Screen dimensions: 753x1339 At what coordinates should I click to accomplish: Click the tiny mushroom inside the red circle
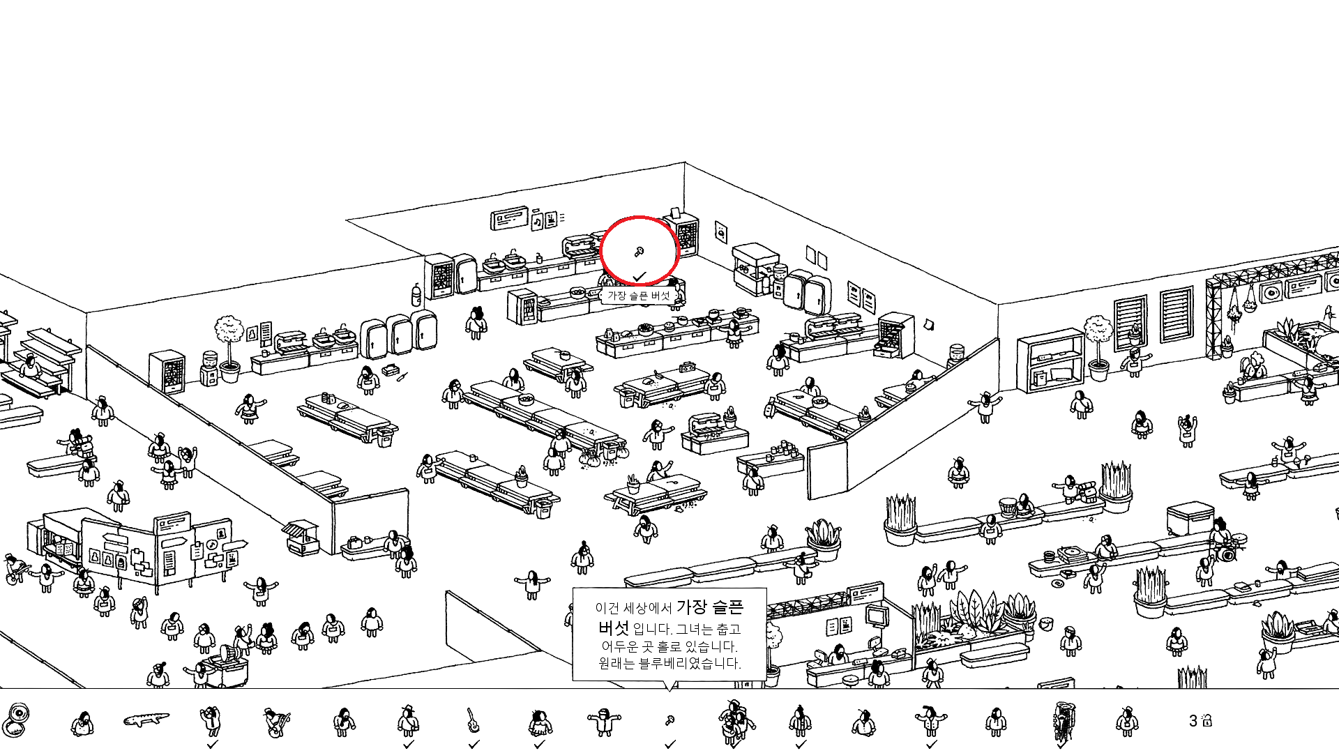(x=638, y=252)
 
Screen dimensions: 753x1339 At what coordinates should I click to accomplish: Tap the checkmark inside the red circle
(x=640, y=276)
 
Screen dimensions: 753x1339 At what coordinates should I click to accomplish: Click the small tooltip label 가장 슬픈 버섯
(x=638, y=296)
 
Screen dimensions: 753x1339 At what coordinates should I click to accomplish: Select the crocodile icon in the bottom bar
(x=146, y=719)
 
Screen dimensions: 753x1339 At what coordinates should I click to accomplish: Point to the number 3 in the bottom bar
(x=1193, y=721)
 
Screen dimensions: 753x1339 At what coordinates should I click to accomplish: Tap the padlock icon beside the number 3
(x=1207, y=721)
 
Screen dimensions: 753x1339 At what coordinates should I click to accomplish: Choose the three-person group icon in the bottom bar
(x=734, y=721)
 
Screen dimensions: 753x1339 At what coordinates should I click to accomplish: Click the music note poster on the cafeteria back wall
(x=537, y=222)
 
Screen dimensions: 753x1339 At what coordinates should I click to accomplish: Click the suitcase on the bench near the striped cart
(x=354, y=542)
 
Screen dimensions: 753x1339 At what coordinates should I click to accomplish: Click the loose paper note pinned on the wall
(x=928, y=324)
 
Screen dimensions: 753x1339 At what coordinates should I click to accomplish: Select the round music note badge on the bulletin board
(x=212, y=544)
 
